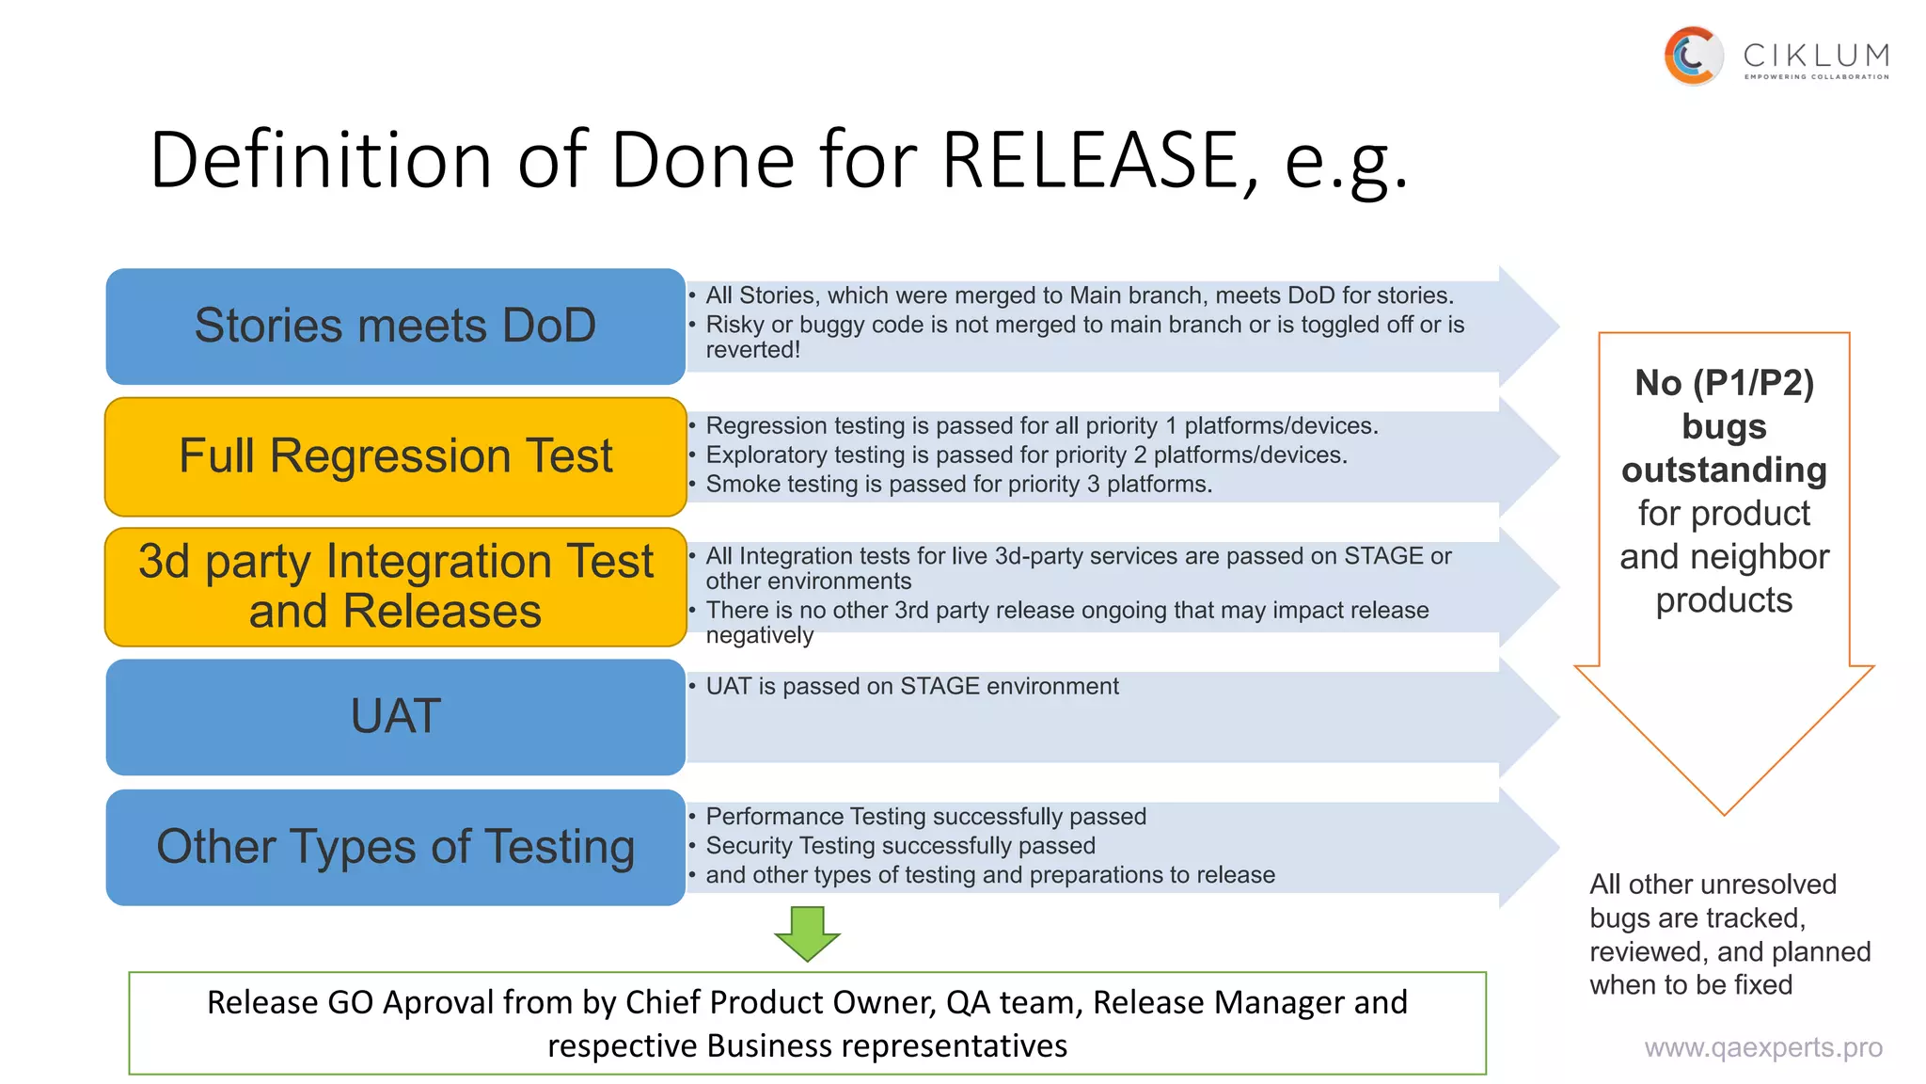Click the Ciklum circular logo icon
click(1693, 56)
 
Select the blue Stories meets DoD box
click(395, 326)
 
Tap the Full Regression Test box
click(395, 456)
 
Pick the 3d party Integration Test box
click(395, 586)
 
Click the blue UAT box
click(395, 716)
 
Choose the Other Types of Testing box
click(395, 847)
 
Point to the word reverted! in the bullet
click(752, 350)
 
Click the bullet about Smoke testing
click(958, 485)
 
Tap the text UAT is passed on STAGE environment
click(911, 686)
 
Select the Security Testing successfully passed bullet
click(900, 846)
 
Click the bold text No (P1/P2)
click(1724, 383)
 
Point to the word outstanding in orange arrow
click(1724, 470)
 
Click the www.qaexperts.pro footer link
click(1762, 1047)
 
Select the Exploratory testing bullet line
click(1026, 455)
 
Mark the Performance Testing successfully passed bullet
click(925, 817)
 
